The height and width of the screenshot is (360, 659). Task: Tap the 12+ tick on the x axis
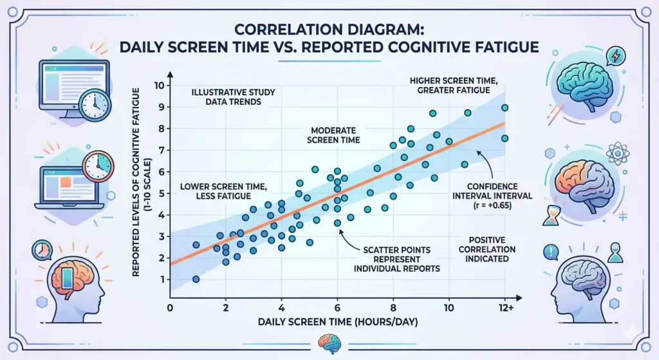[x=505, y=308]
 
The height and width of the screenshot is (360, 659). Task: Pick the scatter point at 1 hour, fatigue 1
[x=196, y=279]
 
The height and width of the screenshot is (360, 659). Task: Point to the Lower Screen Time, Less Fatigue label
[x=225, y=193]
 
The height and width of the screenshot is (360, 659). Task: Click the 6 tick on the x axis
[x=337, y=308]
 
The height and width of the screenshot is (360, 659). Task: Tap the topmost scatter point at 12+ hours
[x=505, y=108]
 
